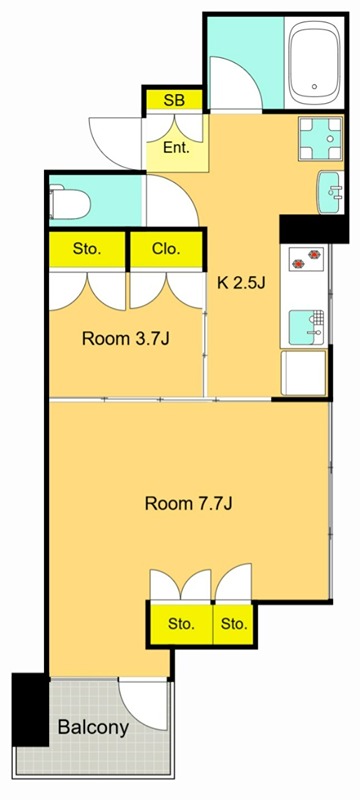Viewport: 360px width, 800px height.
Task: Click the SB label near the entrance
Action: pyautogui.click(x=174, y=100)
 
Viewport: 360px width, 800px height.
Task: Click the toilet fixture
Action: pyautogui.click(x=71, y=204)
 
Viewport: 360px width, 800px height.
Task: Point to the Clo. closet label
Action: pyautogui.click(x=166, y=249)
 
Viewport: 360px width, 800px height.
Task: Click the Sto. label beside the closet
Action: pyautogui.click(x=86, y=249)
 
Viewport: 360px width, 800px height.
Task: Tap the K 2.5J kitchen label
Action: pyautogui.click(x=242, y=282)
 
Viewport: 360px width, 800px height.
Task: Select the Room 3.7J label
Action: pyautogui.click(x=125, y=338)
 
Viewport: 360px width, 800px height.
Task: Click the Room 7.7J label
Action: pyautogui.click(x=188, y=503)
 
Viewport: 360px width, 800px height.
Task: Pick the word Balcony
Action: pyautogui.click(x=92, y=727)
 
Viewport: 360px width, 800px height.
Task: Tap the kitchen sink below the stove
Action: pyautogui.click(x=305, y=326)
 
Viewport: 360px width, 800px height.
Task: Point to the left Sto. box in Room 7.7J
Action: pyautogui.click(x=180, y=624)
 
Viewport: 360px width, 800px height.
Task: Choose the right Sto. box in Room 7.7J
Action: pyautogui.click(x=234, y=624)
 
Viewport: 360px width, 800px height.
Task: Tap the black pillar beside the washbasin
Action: pyautogui.click(x=304, y=229)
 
